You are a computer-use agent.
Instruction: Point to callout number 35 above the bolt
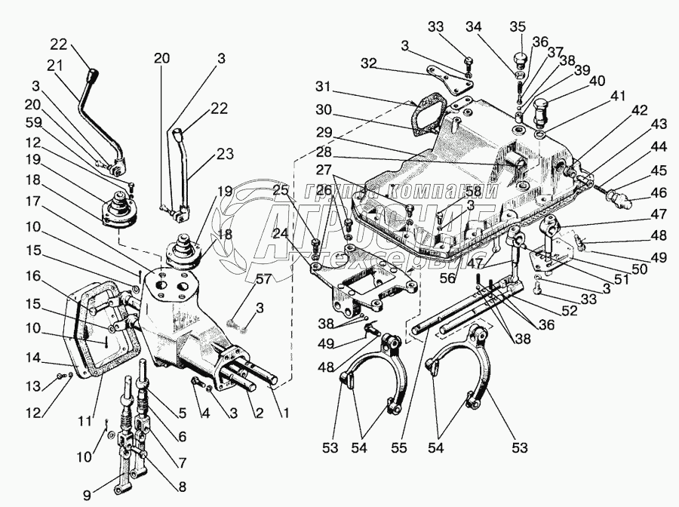pos(517,27)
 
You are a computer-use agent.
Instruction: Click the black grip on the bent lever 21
pos(94,77)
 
